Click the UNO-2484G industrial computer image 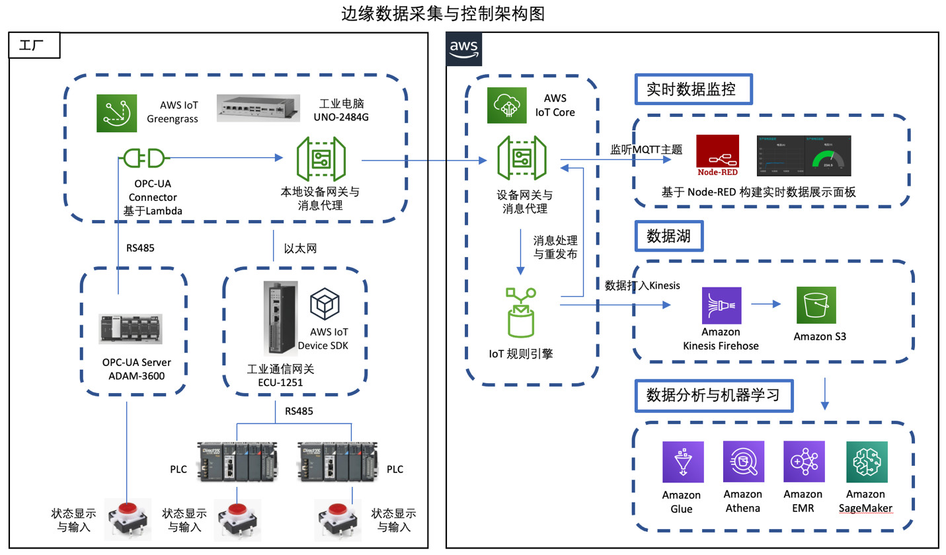[259, 108]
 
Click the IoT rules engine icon [521, 312]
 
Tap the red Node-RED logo [717, 156]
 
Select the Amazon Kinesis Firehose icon [721, 305]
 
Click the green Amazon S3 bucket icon [816, 305]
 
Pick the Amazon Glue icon [683, 462]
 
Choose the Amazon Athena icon [744, 462]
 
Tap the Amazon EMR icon [804, 462]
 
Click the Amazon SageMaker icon [867, 462]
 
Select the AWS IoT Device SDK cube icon [325, 305]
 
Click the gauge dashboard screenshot [803, 155]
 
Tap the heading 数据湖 [668, 236]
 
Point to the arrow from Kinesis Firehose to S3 [765, 305]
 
